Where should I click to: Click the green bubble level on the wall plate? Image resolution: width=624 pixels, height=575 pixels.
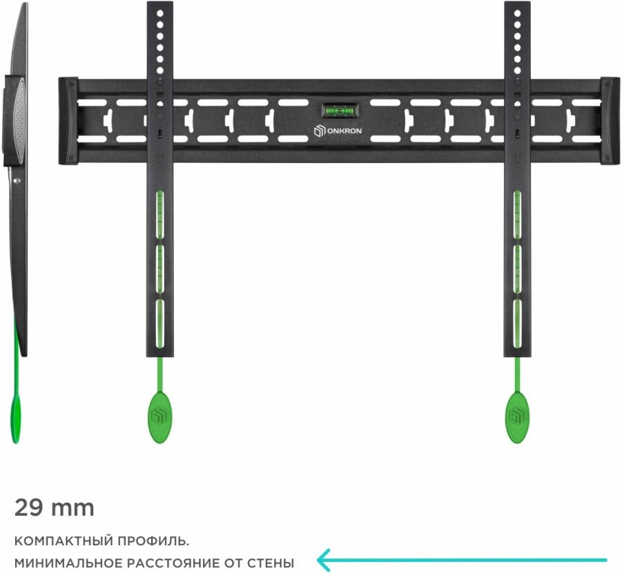338,110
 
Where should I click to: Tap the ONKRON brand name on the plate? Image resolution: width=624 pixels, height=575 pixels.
342,131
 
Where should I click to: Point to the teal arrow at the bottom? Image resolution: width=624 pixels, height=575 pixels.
462,559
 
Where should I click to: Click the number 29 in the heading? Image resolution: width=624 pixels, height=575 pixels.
28,508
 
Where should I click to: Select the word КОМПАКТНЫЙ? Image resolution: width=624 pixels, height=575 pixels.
57,540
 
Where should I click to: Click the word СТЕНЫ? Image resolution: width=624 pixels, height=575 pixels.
271,563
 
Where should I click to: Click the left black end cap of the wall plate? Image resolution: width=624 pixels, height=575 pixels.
68,121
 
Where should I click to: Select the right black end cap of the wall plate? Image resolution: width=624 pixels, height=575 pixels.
610,121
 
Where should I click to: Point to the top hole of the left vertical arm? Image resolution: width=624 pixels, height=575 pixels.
159,11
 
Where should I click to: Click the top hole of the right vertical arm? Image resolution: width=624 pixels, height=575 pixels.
517,11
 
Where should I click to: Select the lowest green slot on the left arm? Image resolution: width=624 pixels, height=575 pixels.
159,321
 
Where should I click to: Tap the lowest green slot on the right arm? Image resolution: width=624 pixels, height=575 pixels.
517,321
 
